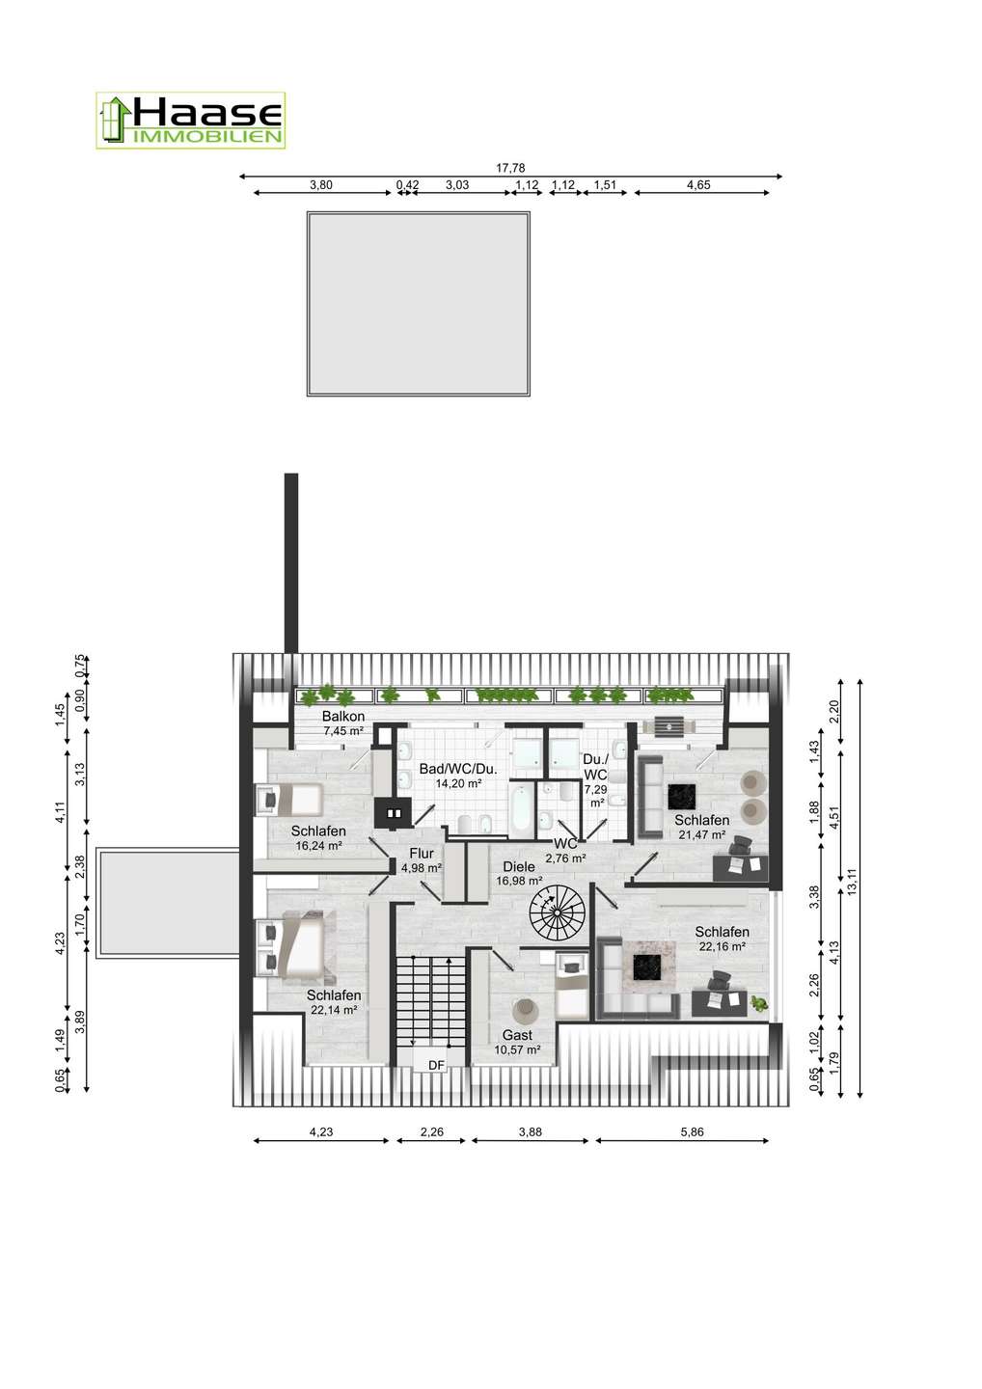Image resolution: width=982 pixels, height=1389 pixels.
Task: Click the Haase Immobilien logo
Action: tap(190, 121)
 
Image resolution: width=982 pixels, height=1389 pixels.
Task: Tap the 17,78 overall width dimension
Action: tap(510, 168)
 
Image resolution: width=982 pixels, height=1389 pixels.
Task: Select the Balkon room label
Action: tap(342, 716)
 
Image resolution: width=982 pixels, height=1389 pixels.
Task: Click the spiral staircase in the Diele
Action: tap(557, 912)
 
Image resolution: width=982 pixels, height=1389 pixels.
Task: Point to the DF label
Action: tap(436, 1065)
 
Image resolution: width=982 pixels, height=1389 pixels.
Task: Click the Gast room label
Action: tap(517, 1035)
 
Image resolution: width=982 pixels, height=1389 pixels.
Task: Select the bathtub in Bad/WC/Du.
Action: tap(519, 807)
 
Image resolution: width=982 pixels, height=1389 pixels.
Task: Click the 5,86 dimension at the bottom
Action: tap(692, 1131)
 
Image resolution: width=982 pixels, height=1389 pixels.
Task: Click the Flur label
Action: tap(421, 854)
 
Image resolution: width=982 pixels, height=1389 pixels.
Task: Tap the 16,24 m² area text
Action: tap(319, 845)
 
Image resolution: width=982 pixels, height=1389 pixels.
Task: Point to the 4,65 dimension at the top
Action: tap(698, 185)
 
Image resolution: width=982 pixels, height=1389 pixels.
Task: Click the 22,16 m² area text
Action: tap(721, 946)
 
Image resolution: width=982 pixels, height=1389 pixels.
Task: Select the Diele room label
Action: tap(519, 867)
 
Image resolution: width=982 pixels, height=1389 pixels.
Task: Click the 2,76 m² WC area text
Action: tap(565, 858)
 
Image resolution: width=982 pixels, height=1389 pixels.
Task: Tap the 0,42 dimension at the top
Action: tap(407, 185)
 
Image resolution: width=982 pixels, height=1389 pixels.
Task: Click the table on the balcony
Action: tap(668, 725)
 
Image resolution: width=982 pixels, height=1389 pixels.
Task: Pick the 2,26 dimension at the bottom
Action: tap(431, 1131)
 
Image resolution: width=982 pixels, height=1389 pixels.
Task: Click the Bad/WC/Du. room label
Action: tap(458, 770)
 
